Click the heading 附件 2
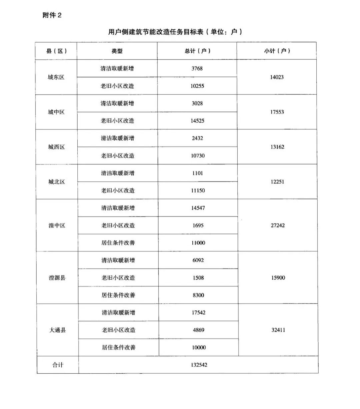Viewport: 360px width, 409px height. coord(52,15)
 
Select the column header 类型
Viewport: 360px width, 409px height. coord(117,51)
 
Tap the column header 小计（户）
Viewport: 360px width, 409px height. coord(277,51)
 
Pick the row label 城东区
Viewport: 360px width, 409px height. coord(56,77)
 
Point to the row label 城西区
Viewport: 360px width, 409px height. coord(56,147)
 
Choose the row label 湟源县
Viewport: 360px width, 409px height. coord(57,278)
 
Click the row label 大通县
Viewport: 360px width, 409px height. coord(58,330)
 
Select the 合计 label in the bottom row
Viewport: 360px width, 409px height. coord(58,365)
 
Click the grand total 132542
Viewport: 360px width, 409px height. coord(199,365)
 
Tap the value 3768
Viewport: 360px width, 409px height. coord(197,69)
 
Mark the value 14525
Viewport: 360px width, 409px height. coord(197,121)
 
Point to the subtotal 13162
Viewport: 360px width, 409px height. coord(277,147)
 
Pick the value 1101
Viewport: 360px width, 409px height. coord(197,173)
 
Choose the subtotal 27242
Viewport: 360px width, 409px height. coord(278,225)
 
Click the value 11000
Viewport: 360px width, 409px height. coord(198,243)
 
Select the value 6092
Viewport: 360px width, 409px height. coord(198,260)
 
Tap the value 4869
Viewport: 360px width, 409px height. coord(198,330)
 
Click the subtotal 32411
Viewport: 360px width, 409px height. coord(278,330)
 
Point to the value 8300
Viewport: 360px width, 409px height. coord(198,295)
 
